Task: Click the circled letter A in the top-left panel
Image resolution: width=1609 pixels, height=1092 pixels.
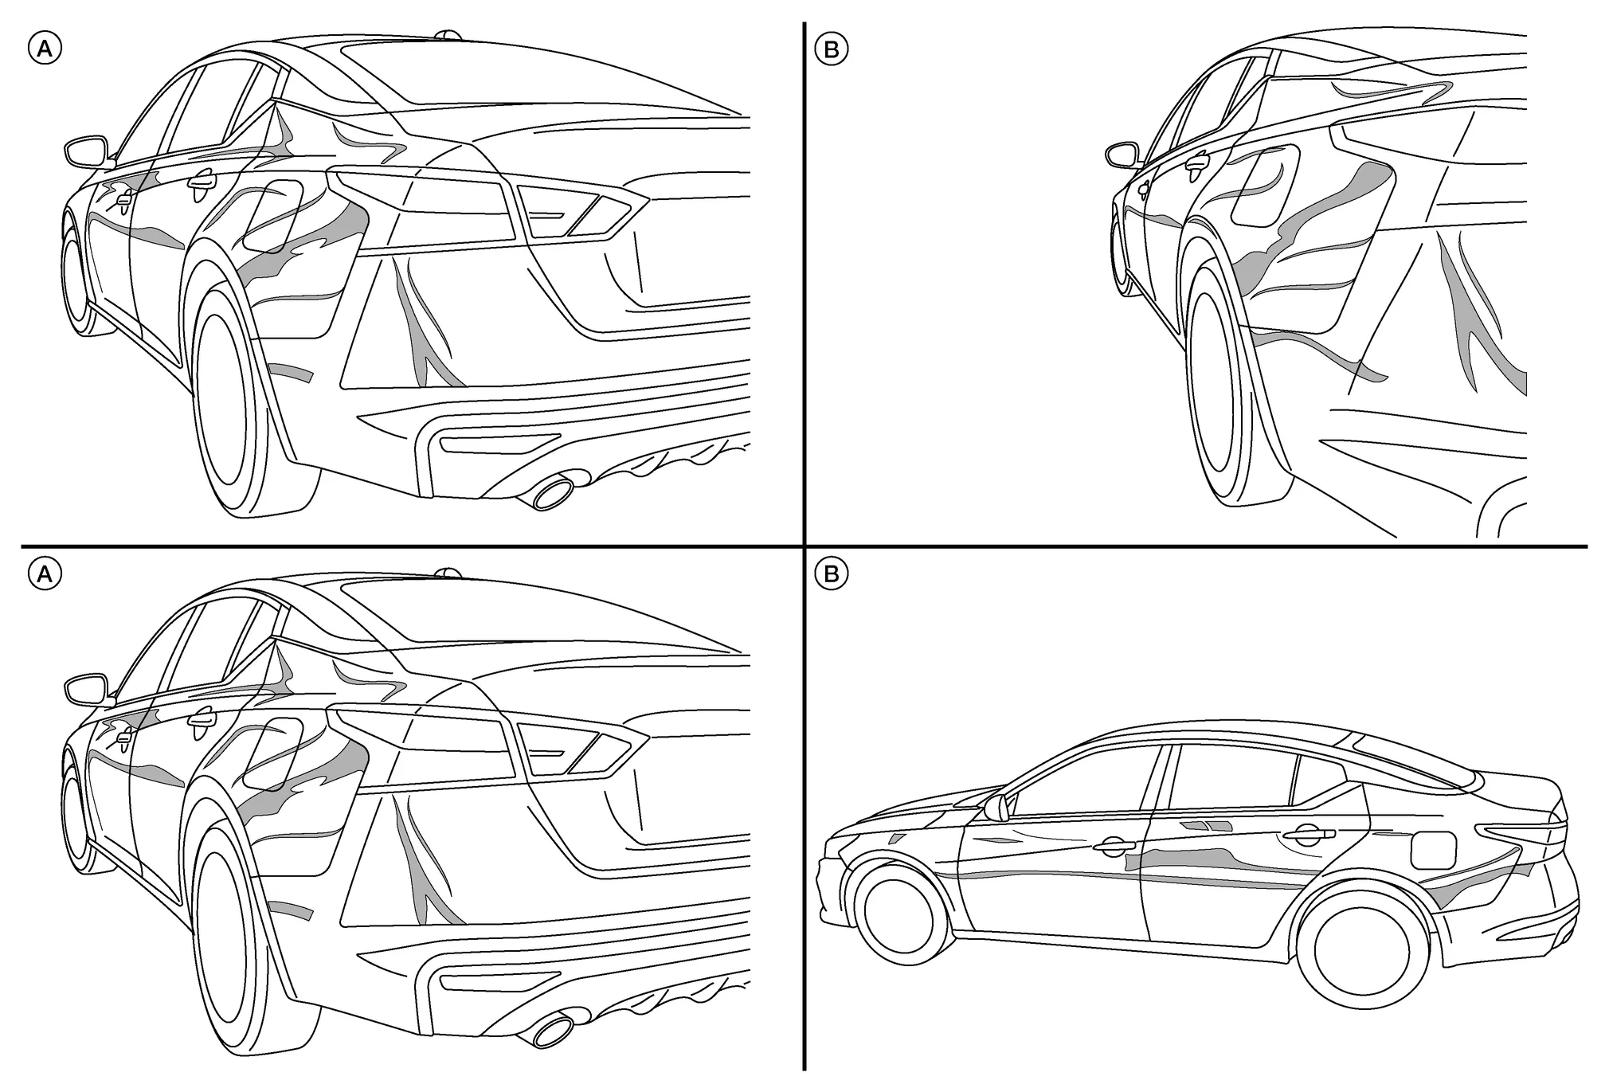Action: coord(45,49)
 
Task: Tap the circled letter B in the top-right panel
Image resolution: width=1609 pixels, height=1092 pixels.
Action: coord(832,49)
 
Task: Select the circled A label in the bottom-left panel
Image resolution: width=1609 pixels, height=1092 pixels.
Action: coord(45,573)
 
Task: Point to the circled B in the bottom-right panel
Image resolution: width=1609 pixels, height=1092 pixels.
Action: coord(832,574)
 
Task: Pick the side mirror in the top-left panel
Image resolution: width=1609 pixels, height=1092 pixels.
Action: coord(84,151)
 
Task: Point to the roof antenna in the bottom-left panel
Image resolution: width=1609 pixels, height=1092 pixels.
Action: coord(448,573)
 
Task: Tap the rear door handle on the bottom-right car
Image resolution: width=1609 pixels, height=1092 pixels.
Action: coord(1306,834)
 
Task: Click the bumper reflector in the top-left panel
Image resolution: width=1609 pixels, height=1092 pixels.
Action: coord(500,443)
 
